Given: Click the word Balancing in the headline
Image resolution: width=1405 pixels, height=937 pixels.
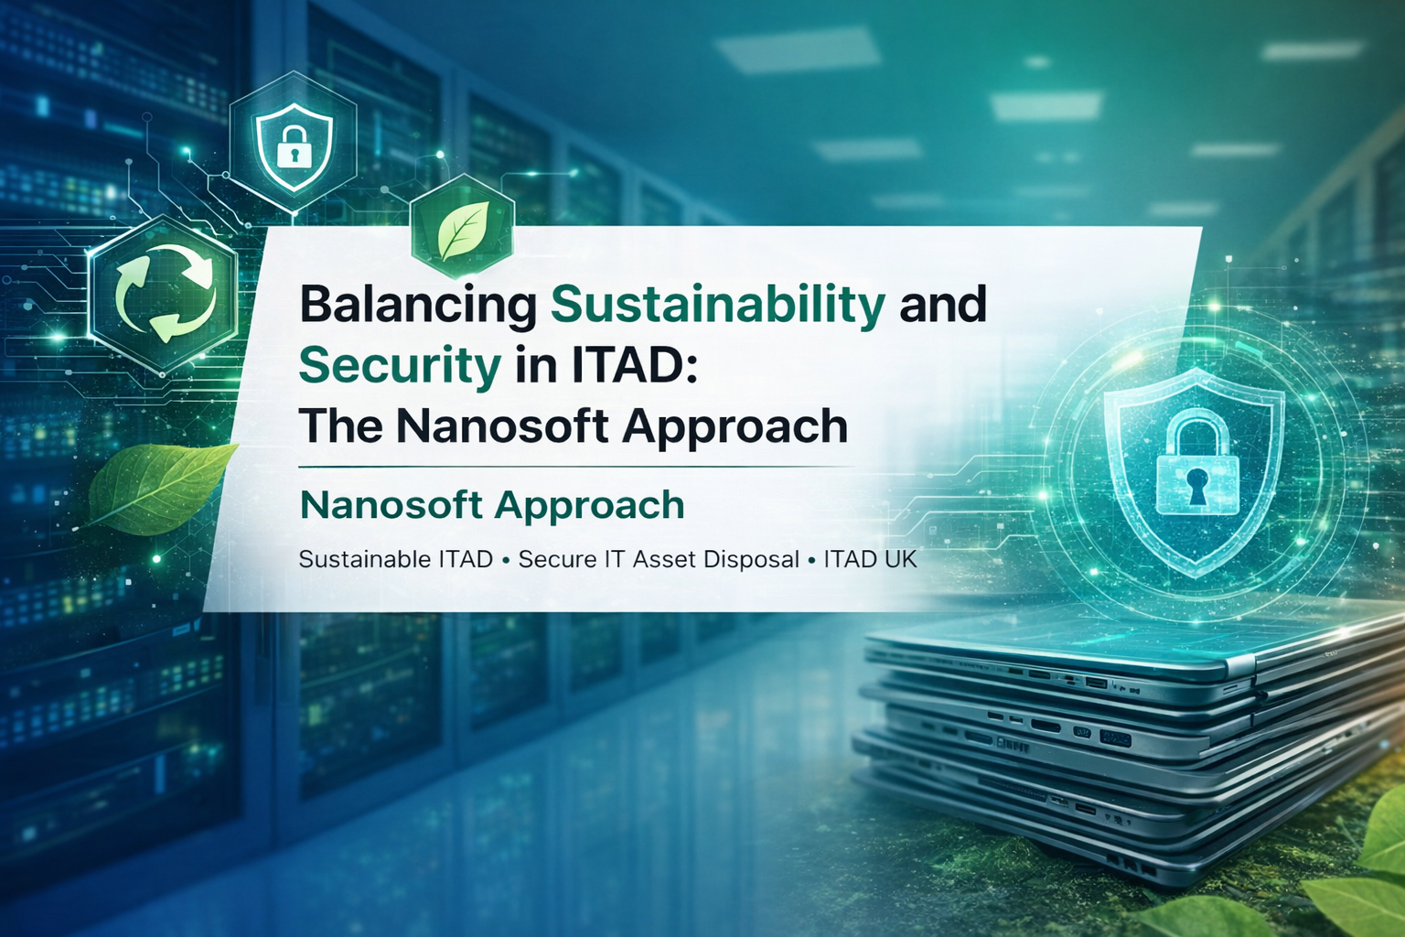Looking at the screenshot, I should click(x=418, y=306).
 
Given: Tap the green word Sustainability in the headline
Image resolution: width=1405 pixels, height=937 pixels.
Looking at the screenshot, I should click(x=717, y=304).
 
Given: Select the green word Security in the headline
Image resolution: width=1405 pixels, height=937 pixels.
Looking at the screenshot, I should click(x=400, y=366).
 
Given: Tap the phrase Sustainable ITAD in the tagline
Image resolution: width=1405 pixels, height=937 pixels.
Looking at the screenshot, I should click(x=395, y=559).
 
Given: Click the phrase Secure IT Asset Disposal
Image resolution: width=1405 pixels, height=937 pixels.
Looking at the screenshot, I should click(x=659, y=559).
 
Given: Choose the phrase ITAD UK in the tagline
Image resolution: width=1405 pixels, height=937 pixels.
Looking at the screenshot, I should click(x=870, y=559).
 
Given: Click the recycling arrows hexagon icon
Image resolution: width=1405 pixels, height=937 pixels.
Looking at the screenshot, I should click(x=165, y=296).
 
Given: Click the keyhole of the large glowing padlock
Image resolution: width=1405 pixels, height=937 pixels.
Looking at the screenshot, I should click(x=1196, y=485).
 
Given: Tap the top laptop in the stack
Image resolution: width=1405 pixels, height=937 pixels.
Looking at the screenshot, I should click(x=1134, y=645).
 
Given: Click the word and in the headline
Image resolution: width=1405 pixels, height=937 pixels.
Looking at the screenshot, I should click(x=942, y=304).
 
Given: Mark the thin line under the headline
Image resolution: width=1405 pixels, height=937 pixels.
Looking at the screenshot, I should click(x=576, y=467).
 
